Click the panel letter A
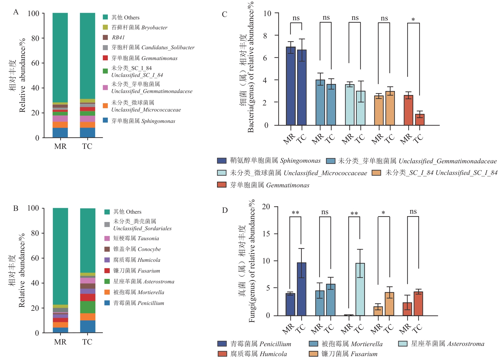pyautogui.click(x=16, y=12)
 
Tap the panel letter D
pyautogui.click(x=225, y=210)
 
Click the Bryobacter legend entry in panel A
pyautogui.click(x=139, y=27)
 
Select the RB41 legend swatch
pyautogui.click(x=105, y=37)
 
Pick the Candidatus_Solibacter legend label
pyautogui.click(x=153, y=48)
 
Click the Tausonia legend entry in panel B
pyautogui.click(x=136, y=238)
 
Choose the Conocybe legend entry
pyautogui.click(x=137, y=249)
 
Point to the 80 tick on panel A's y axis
pyautogui.click(x=35, y=38)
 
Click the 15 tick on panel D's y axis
pyautogui.click(x=266, y=234)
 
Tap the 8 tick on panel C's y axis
pyautogui.click(x=265, y=35)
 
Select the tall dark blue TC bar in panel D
pyautogui.click(x=301, y=289)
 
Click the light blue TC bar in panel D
pyautogui.click(x=360, y=289)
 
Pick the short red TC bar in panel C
pyautogui.click(x=420, y=120)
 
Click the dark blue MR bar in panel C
pyautogui.click(x=291, y=86)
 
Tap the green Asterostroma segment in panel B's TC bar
pyautogui.click(x=88, y=307)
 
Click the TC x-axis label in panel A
pyautogui.click(x=87, y=146)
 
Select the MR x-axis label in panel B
pyautogui.click(x=60, y=342)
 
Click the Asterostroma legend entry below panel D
pyautogui.click(x=441, y=344)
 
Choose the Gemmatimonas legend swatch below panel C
pyautogui.click(x=222, y=185)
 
